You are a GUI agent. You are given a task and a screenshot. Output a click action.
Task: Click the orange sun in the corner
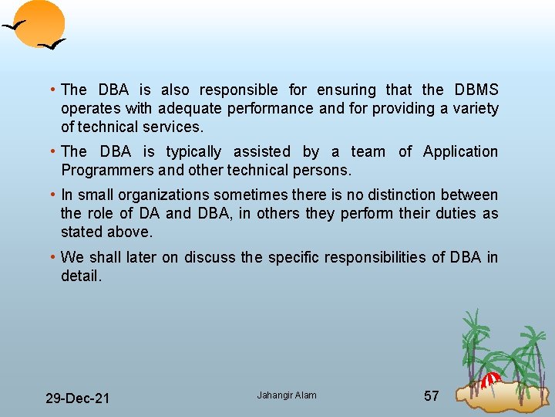coord(43,22)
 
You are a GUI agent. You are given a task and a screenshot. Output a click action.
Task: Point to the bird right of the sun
coord(52,46)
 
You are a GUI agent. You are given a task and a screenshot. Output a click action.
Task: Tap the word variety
coord(474,109)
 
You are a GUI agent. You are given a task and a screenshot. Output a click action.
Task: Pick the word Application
coord(460,152)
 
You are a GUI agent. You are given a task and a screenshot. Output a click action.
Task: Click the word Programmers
coord(103,171)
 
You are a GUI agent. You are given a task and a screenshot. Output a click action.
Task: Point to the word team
coord(368,152)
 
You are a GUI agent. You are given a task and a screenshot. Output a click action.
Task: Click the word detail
coord(81,276)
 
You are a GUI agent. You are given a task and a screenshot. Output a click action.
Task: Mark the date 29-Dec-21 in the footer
coord(77,398)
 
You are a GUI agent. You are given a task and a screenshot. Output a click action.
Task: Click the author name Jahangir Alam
coord(287,395)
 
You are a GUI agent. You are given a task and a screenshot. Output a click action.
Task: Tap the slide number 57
coord(432,396)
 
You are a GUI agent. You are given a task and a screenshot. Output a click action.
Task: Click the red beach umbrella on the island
coord(490,379)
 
